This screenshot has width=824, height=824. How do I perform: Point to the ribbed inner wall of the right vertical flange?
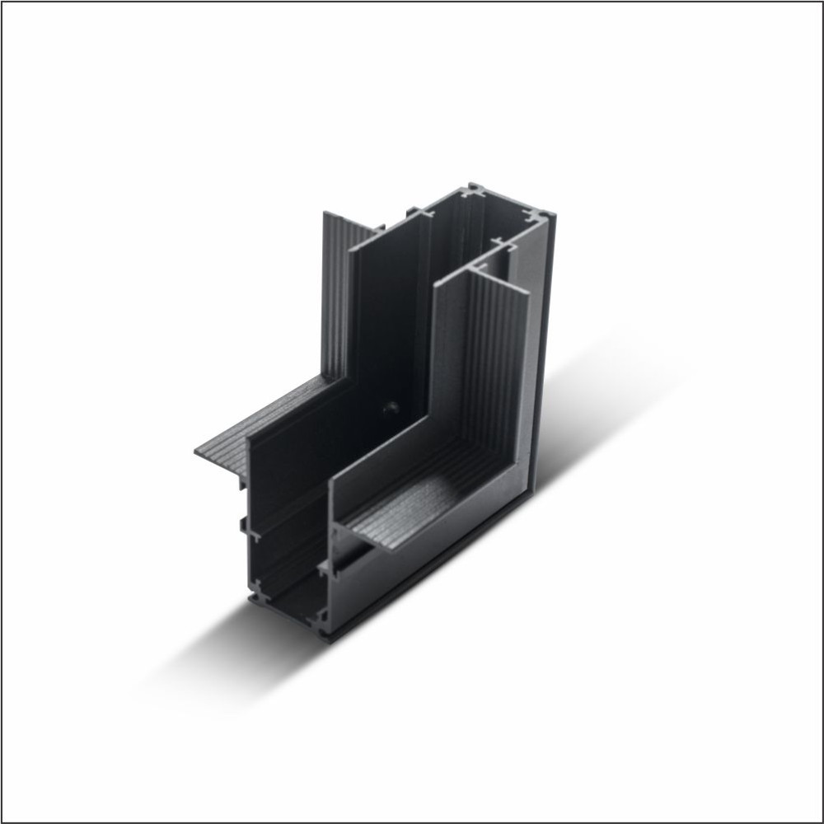coord(494,363)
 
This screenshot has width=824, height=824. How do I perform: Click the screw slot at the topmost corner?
coord(475,192)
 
